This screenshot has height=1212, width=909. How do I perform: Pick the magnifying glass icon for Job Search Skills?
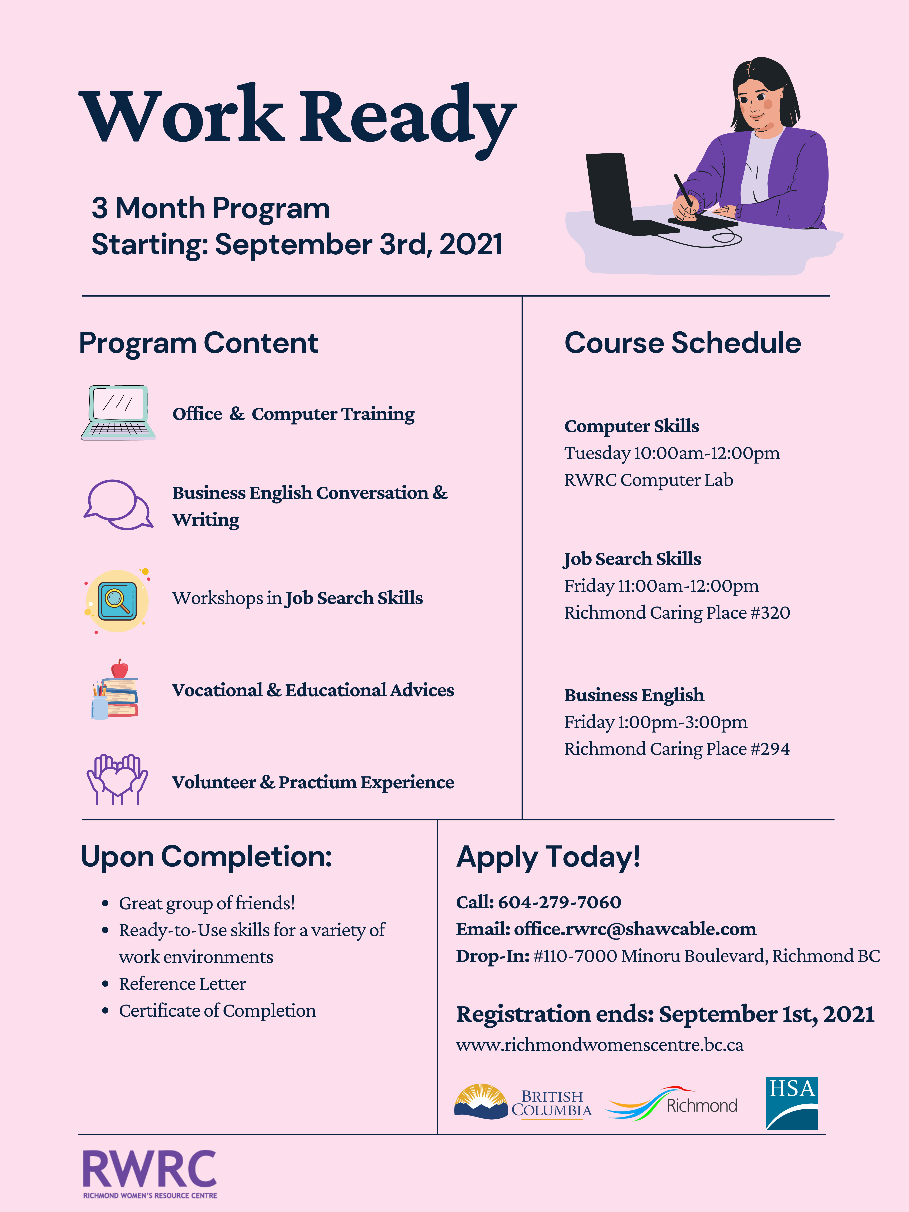pos(117,600)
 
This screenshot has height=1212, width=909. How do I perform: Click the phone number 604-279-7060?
pos(559,902)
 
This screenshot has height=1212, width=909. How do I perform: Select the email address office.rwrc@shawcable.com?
pos(634,929)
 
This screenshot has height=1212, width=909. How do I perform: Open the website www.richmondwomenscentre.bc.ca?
pos(600,1045)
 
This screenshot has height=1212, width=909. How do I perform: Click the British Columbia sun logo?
pos(481,1101)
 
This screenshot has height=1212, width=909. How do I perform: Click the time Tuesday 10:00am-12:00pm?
pos(672,453)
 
